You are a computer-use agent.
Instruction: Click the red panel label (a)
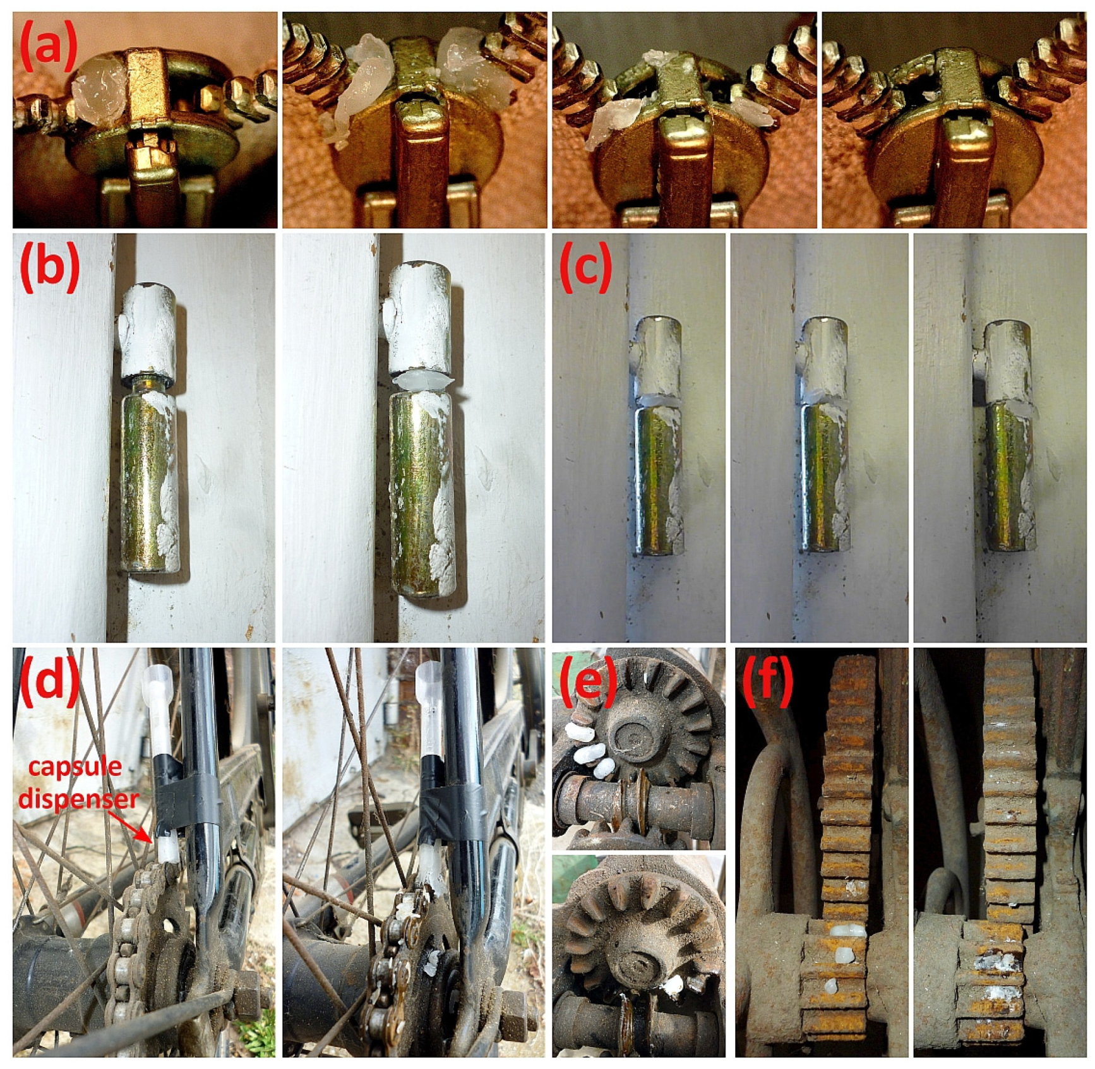tap(49, 46)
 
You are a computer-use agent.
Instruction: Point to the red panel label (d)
tap(50, 681)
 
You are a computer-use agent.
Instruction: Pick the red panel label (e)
tap(587, 681)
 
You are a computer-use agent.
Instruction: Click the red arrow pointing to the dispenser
tap(129, 826)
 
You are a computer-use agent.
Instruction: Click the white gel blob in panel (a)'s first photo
tap(99, 88)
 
